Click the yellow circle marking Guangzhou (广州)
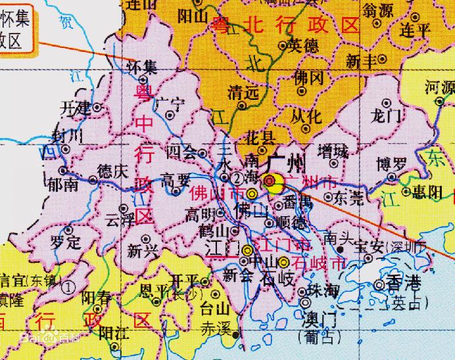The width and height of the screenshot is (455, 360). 271,180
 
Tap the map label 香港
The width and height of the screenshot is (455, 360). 404,285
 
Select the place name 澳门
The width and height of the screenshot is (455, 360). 318,320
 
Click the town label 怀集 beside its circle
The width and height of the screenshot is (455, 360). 142,67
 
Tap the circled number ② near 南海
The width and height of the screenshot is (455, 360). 237,178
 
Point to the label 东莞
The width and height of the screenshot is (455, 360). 348,198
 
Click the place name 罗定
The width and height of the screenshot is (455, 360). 65,241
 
